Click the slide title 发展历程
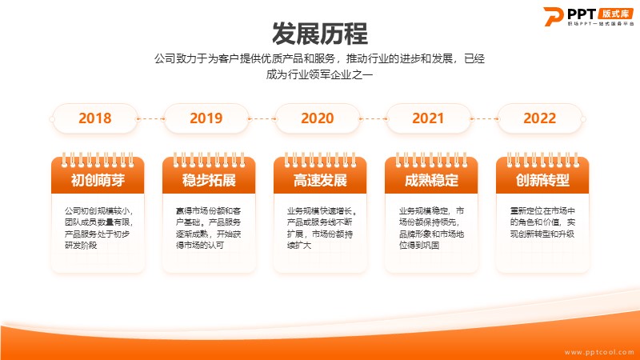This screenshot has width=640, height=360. click(319, 34)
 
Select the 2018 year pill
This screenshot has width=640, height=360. click(94, 118)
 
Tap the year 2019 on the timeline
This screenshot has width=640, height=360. click(206, 118)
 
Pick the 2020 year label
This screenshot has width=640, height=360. click(317, 118)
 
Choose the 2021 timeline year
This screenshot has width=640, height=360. click(428, 118)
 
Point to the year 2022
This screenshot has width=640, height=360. click(539, 118)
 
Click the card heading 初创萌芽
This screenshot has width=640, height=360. click(98, 180)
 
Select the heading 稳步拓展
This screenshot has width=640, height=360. click(209, 180)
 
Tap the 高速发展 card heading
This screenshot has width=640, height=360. click(320, 180)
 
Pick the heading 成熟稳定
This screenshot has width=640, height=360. click(431, 180)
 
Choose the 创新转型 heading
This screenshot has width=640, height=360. click(542, 180)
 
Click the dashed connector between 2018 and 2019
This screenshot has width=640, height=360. click(150, 118)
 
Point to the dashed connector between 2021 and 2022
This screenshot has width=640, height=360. click(484, 118)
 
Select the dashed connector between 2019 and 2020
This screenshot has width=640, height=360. click(262, 118)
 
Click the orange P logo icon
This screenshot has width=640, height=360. click(553, 16)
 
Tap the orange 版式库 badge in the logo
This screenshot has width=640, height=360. click(615, 14)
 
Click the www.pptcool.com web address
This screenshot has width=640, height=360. click(599, 352)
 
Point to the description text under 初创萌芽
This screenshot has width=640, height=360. click(98, 228)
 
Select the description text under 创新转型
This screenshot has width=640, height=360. click(542, 222)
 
